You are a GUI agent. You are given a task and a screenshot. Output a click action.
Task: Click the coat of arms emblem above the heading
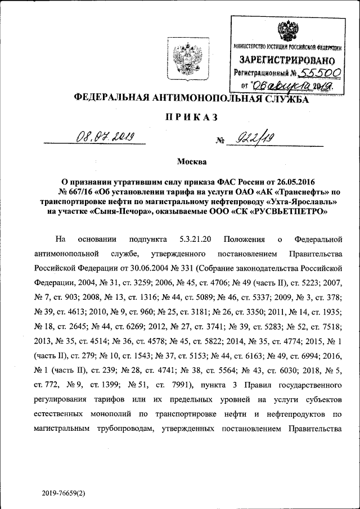point(183,60)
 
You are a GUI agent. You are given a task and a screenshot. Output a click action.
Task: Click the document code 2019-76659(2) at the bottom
point(63,493)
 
